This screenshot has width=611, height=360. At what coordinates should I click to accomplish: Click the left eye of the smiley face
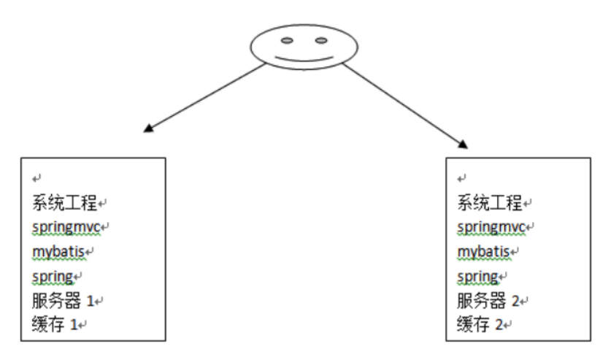287,40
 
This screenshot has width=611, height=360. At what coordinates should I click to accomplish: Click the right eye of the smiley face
321,40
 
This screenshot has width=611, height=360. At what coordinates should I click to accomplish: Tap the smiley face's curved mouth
304,59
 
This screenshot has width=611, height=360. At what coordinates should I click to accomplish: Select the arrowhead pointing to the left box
149,128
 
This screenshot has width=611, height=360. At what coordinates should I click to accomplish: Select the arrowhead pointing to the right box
463,144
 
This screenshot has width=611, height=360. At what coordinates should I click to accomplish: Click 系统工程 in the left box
64,203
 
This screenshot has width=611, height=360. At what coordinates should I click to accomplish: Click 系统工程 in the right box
489,203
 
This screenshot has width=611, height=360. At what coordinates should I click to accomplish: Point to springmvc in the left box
66,228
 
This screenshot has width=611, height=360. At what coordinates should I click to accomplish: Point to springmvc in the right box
491,228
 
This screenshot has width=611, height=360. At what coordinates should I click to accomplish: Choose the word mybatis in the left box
58,252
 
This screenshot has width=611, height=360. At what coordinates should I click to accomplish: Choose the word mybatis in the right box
483,252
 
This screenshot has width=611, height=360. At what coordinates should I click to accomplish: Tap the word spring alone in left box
53,277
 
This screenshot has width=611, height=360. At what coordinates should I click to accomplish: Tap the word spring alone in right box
477,277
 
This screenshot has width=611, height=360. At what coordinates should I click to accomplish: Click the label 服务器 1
63,301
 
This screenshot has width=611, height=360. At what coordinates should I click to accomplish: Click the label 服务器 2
488,301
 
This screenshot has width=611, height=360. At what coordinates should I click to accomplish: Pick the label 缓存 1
55,324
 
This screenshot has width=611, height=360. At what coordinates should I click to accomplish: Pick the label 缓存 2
480,324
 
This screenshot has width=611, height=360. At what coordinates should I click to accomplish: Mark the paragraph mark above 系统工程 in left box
36,179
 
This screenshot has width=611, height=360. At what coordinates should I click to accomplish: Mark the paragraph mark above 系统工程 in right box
462,179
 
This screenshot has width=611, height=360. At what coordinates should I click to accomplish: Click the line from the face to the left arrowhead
207,96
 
